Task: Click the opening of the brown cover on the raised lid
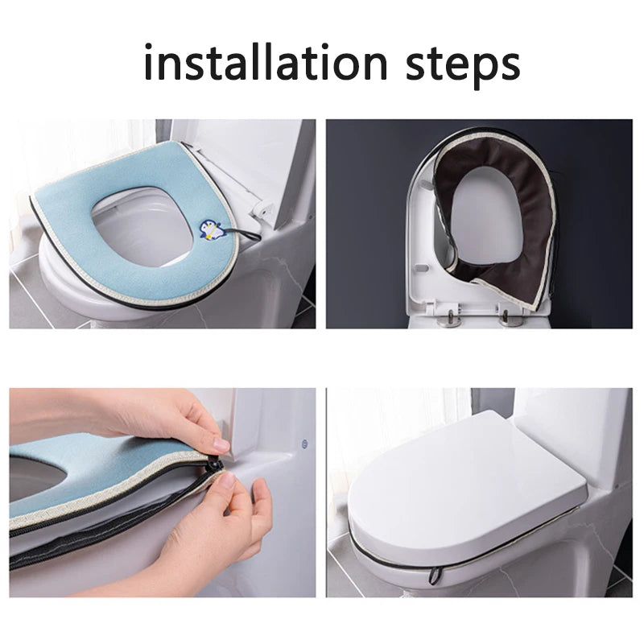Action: (x=483, y=217)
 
